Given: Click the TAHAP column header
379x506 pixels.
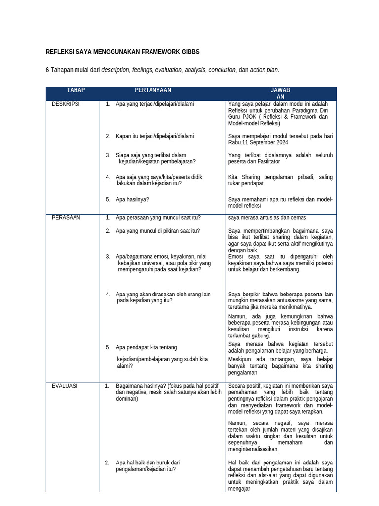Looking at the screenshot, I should [76, 90].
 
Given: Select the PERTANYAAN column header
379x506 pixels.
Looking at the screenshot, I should [153, 90].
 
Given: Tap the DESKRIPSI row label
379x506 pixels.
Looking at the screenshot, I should [66, 104].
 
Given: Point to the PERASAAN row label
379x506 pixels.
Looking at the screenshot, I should [66, 218].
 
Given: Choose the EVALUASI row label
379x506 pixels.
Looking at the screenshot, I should [65, 386].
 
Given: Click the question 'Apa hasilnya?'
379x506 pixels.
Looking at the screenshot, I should [132, 200].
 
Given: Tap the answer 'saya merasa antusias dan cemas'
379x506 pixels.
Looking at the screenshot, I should [267, 218].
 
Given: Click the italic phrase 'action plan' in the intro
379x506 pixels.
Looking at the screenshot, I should [264, 70].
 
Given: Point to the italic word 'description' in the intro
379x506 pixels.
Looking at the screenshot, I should [115, 70].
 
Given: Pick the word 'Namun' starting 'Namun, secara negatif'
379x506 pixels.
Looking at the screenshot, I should [237, 423].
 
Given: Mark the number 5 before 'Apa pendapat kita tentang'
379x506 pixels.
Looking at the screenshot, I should [107, 347].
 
